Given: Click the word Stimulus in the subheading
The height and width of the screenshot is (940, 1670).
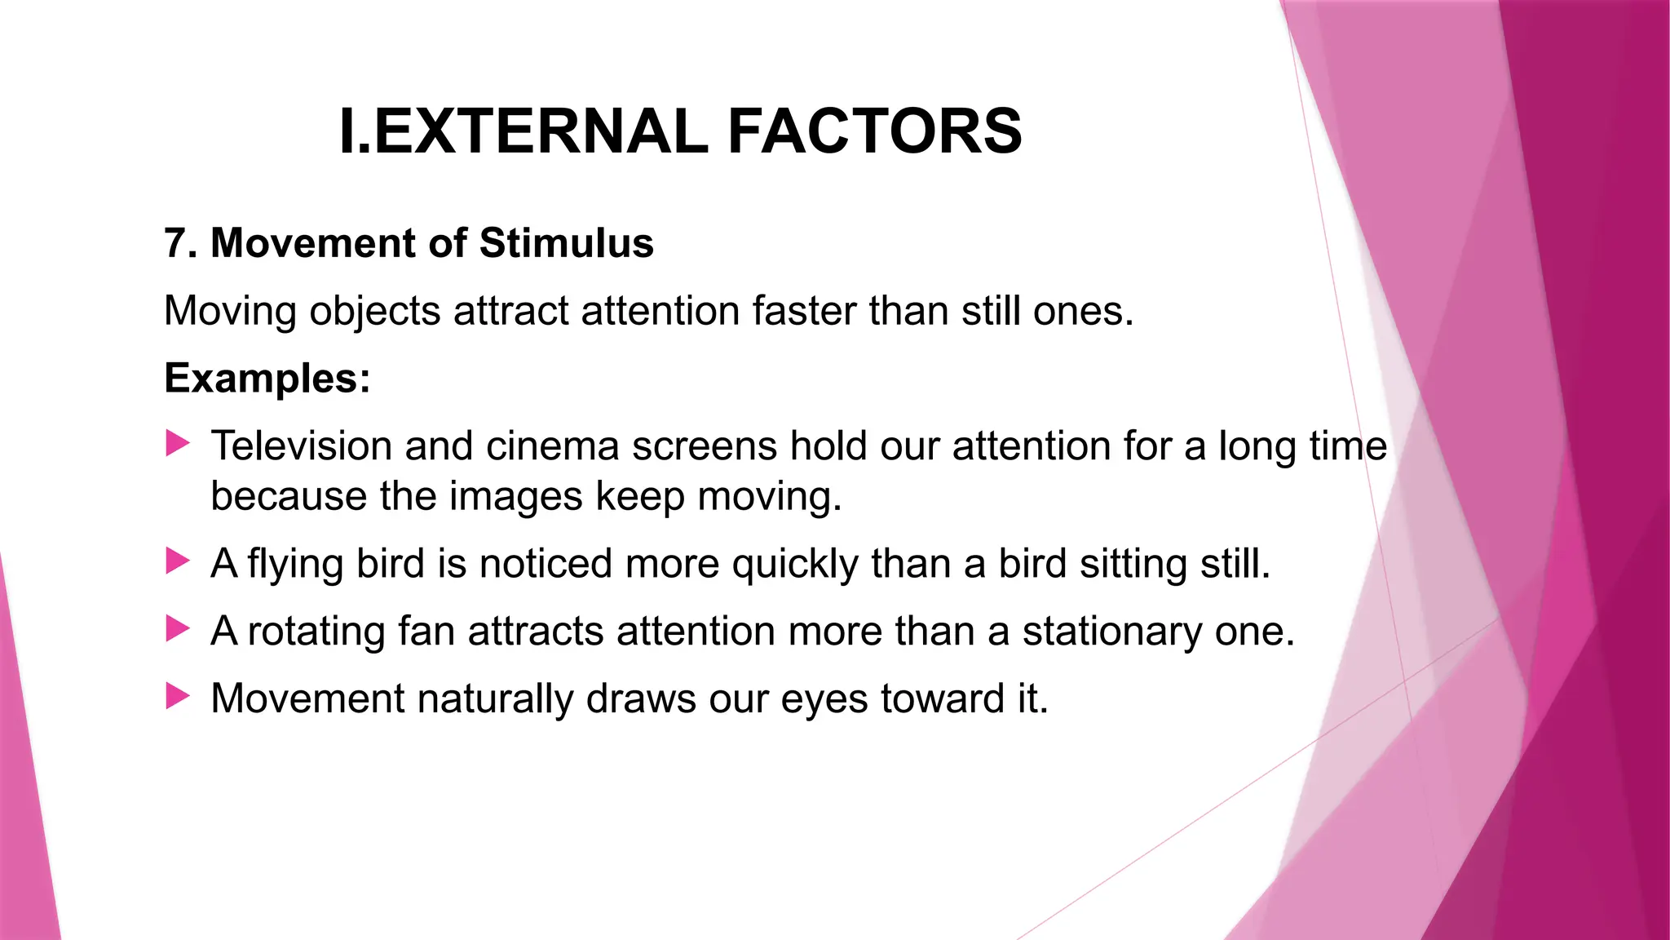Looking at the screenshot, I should point(566,243).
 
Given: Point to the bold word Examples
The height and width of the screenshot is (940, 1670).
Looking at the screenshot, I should point(267,379).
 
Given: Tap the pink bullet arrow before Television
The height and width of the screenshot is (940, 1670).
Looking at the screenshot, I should point(178,444).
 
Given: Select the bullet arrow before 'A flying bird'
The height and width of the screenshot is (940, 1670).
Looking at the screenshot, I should point(178,561).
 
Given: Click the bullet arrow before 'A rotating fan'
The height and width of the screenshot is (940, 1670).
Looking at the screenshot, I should point(178,629).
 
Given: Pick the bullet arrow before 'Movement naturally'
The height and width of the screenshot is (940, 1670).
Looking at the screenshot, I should point(178,697).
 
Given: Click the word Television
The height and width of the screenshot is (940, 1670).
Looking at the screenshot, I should point(301,446).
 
